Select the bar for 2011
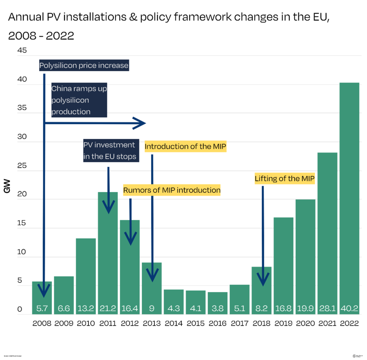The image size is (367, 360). point(108,253)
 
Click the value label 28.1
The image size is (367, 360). point(327,309)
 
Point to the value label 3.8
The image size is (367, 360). point(218,309)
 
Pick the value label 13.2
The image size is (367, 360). point(86,309)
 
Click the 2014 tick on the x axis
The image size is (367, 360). point(173,323)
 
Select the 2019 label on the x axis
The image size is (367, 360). point(283,323)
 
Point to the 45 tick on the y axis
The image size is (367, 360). point(22,51)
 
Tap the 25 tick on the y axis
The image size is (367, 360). point(22,166)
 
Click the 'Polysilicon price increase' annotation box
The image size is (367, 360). point(84,66)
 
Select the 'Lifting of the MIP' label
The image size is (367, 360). point(285,179)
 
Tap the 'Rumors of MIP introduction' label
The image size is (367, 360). point(172,190)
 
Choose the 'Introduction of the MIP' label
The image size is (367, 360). point(186,147)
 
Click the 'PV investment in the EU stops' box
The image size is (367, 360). point(110,151)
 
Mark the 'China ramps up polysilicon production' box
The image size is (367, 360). point(79,100)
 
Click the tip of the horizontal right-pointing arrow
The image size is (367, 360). point(145,123)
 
